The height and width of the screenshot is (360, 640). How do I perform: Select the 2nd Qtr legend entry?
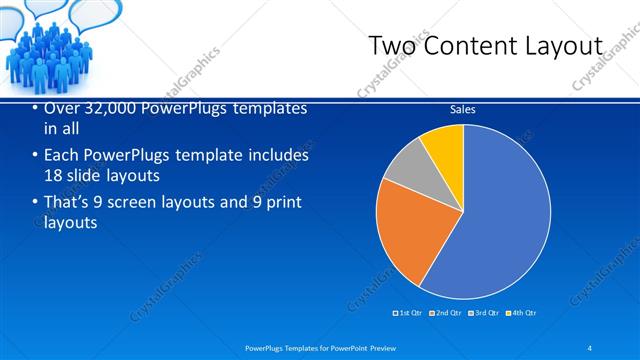[446, 313]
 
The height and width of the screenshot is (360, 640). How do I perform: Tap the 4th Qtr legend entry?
[521, 313]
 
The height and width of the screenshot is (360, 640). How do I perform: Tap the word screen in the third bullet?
[145, 203]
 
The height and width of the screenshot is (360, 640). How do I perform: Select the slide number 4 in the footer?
[589, 347]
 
